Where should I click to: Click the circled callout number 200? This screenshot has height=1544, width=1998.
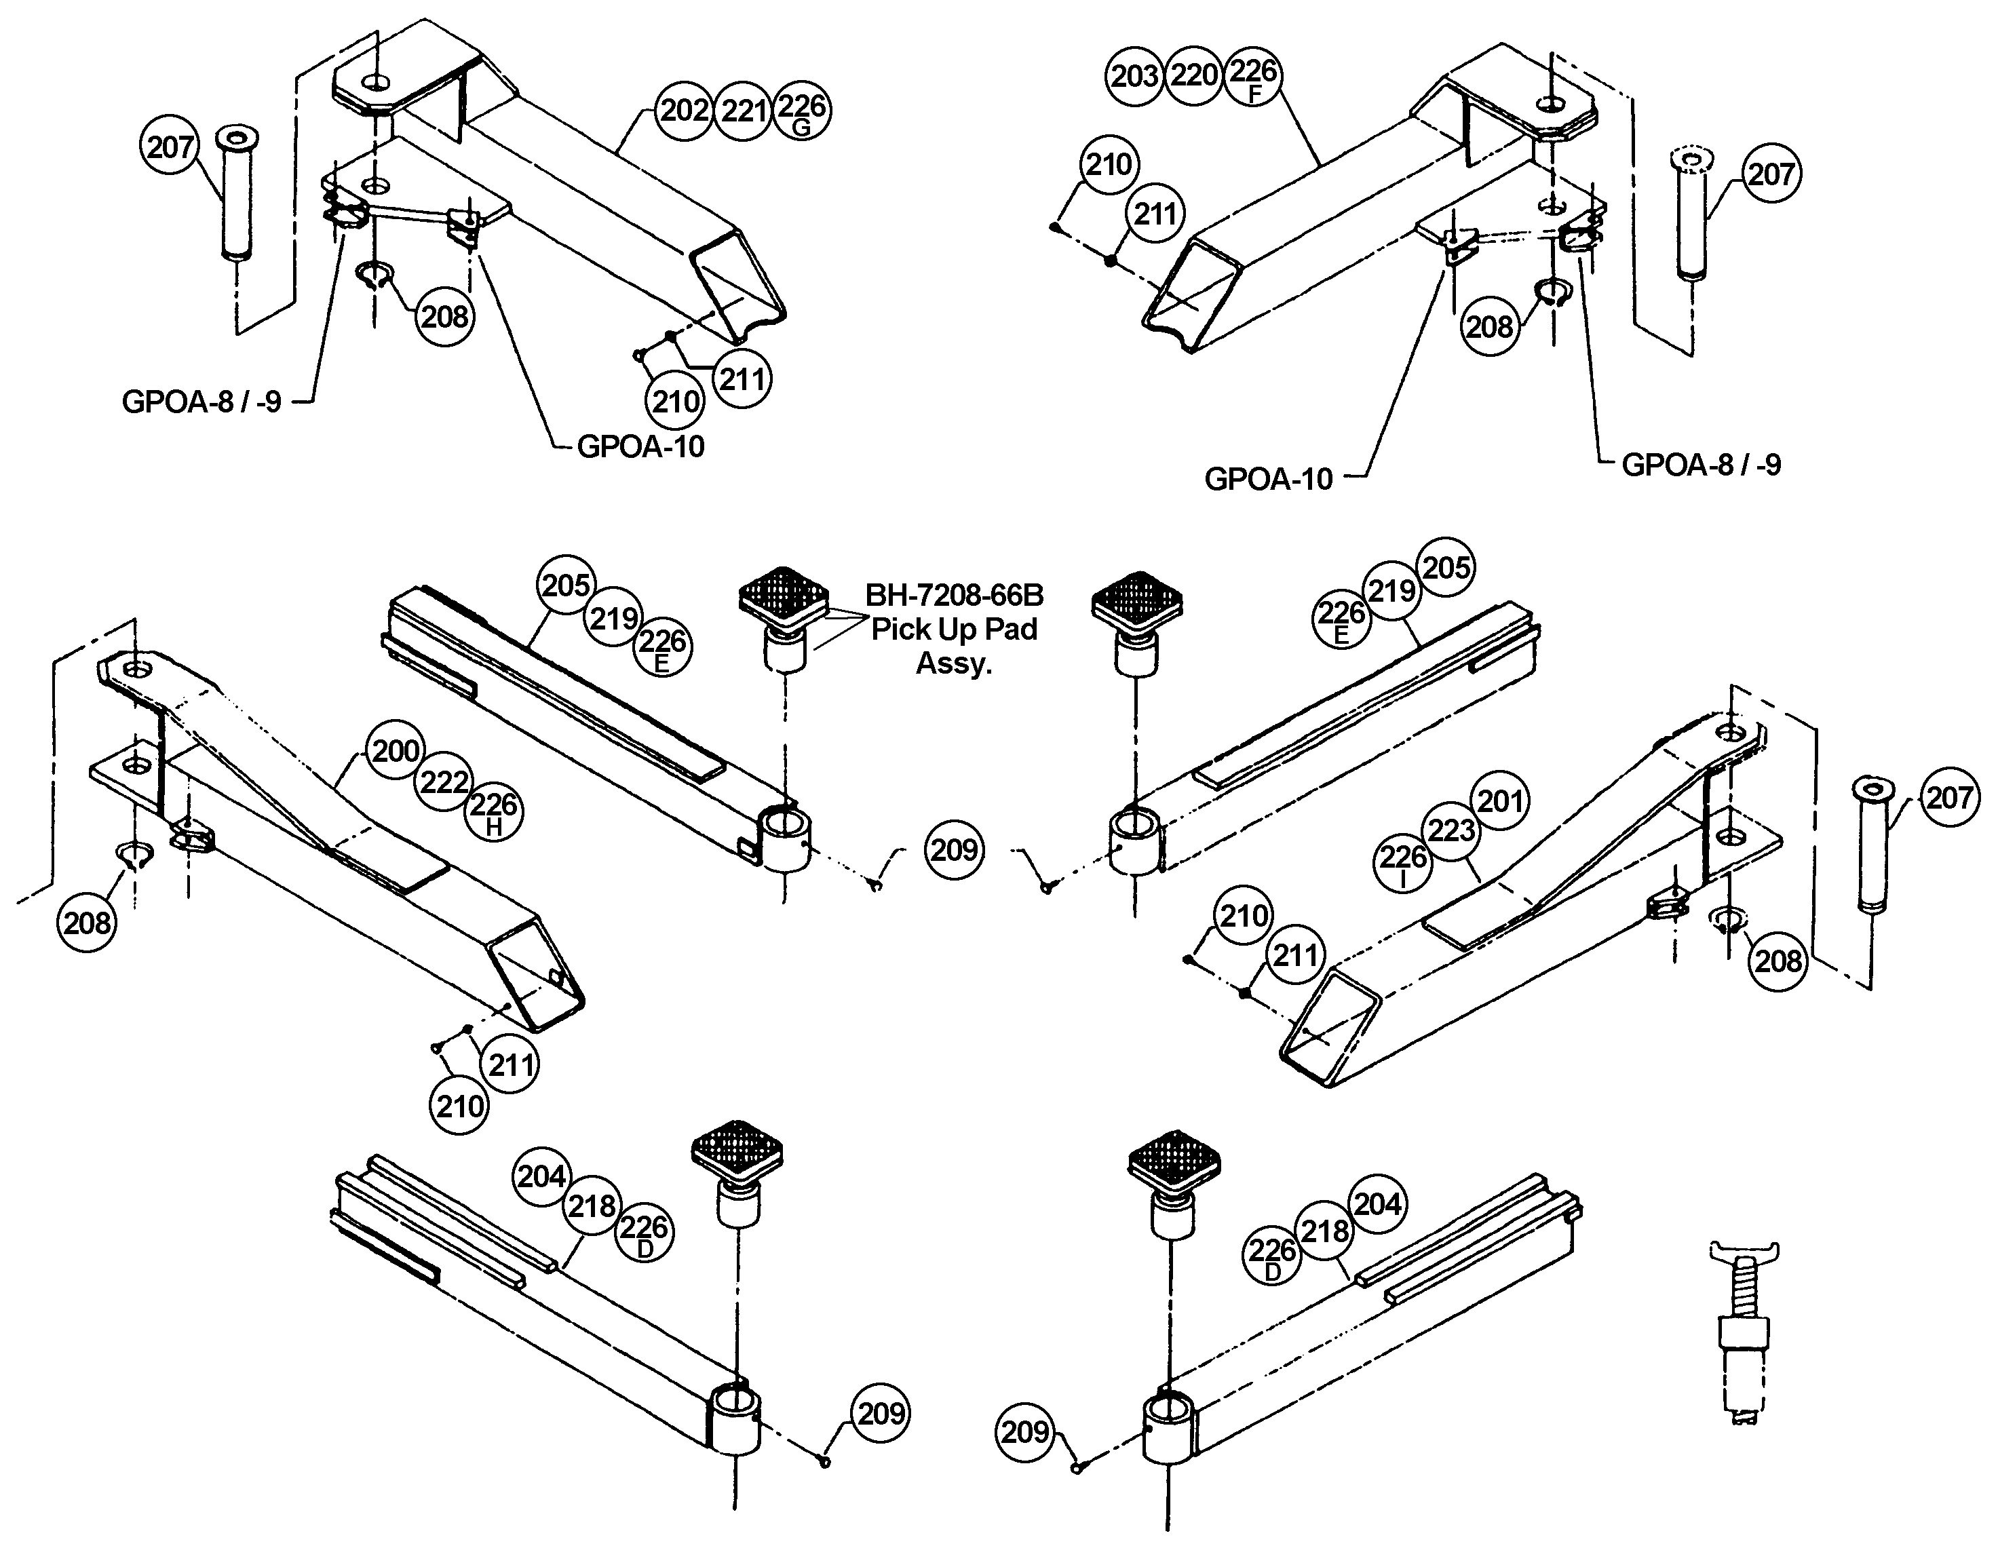396,751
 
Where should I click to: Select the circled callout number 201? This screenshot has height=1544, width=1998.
1499,801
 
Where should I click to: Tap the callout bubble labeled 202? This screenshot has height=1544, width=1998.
685,111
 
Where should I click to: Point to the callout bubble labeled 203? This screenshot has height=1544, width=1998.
1134,76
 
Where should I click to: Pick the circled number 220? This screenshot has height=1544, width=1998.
1194,74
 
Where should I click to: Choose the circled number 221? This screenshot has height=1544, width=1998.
743,111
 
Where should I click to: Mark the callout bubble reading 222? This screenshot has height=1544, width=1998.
444,782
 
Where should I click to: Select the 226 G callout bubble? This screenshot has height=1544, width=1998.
801,111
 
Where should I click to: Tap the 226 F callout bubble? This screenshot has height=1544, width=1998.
1252,76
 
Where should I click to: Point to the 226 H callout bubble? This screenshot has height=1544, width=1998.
494,811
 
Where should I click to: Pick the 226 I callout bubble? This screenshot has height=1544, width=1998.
1402,862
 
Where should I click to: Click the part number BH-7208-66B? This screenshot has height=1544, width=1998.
954,596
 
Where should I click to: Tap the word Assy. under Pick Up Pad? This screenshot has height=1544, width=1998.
954,663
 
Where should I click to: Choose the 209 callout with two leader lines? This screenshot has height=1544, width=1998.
954,850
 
